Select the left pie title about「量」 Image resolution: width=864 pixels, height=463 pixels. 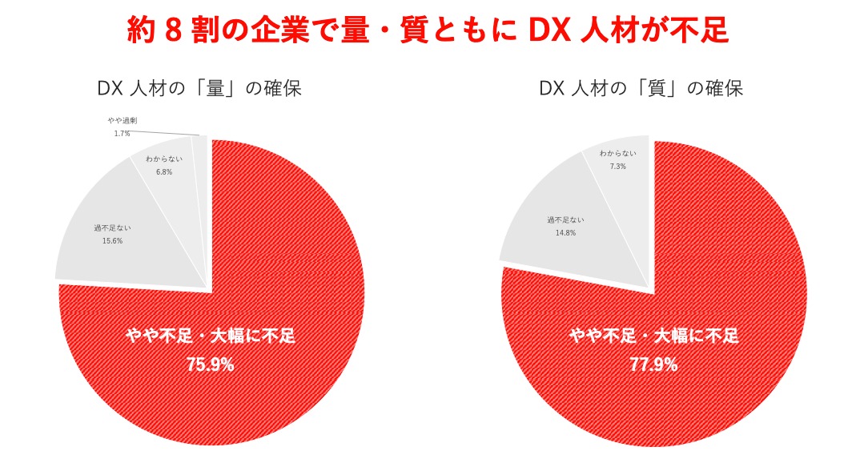pyautogui.click(x=199, y=88)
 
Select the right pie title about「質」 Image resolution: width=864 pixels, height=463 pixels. pyautogui.click(x=641, y=88)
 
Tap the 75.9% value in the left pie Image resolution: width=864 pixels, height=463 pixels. pyautogui.click(x=210, y=364)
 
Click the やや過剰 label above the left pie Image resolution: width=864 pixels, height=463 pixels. pyautogui.click(x=123, y=120)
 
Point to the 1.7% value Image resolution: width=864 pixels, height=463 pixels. pyautogui.click(x=123, y=133)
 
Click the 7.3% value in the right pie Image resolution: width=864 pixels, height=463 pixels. pyautogui.click(x=617, y=167)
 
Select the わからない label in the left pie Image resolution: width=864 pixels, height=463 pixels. pyautogui.click(x=164, y=159)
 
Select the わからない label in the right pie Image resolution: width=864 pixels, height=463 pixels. pyautogui.click(x=617, y=154)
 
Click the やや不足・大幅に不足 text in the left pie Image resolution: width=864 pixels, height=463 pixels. pyautogui.click(x=210, y=336)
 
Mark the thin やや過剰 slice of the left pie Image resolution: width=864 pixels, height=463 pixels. pyautogui.click(x=201, y=160)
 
